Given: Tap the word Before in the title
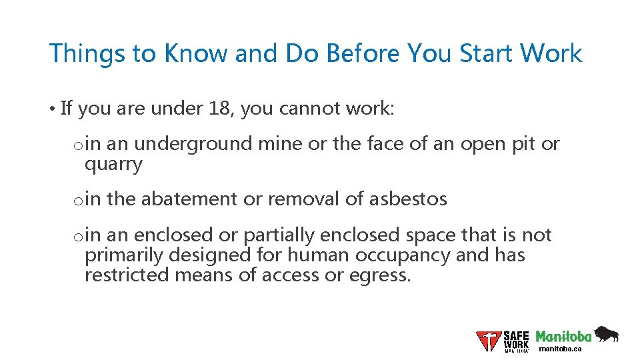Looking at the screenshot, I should tap(361, 53).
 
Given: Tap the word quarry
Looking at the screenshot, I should tap(113, 165).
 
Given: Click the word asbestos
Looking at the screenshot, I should tap(407, 199).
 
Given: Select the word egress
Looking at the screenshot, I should tap(379, 275).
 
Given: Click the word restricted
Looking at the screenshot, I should tap(127, 275).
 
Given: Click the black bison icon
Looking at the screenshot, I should tap(606, 334).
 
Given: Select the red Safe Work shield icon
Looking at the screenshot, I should tap(489, 341).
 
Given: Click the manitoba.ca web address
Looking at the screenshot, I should tap(560, 349).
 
